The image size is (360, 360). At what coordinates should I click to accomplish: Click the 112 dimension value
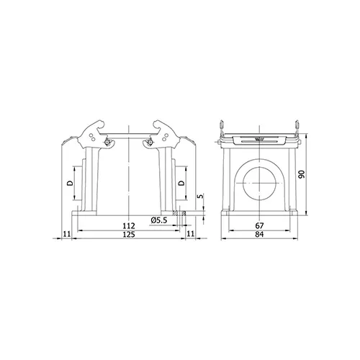tap(129, 226)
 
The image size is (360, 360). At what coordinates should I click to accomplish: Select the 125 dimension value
tap(129, 234)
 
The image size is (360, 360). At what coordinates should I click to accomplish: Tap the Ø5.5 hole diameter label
tap(158, 220)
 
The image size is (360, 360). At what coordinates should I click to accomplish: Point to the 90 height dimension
tap(302, 174)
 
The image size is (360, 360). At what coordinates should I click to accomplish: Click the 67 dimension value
tap(259, 226)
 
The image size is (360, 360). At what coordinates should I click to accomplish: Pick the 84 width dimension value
tap(259, 234)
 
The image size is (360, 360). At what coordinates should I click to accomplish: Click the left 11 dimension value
tap(67, 234)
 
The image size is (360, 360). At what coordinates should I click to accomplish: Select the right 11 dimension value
tap(190, 234)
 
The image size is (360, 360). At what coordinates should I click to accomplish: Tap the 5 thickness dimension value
tap(201, 196)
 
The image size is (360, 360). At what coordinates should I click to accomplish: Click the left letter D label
tap(70, 184)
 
